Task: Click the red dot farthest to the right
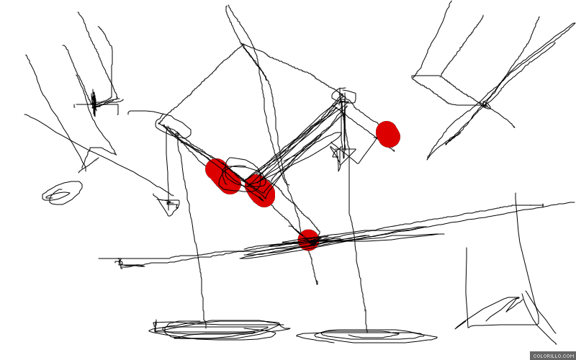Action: (388, 134)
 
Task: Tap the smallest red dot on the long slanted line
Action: (308, 240)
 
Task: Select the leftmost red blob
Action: (223, 176)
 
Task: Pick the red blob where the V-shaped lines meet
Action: (260, 191)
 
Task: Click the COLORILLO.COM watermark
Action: (553, 356)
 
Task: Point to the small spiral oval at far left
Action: (62, 193)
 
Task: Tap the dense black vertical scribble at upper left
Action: (94, 102)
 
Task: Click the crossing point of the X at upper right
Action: (485, 104)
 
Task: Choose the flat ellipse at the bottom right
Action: (366, 336)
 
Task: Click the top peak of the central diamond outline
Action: (242, 45)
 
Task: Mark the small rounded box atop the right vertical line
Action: (344, 96)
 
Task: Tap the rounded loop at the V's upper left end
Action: (173, 126)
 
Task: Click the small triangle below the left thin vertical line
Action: (168, 205)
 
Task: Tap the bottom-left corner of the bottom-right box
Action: (467, 326)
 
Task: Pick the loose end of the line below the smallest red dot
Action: (317, 283)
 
